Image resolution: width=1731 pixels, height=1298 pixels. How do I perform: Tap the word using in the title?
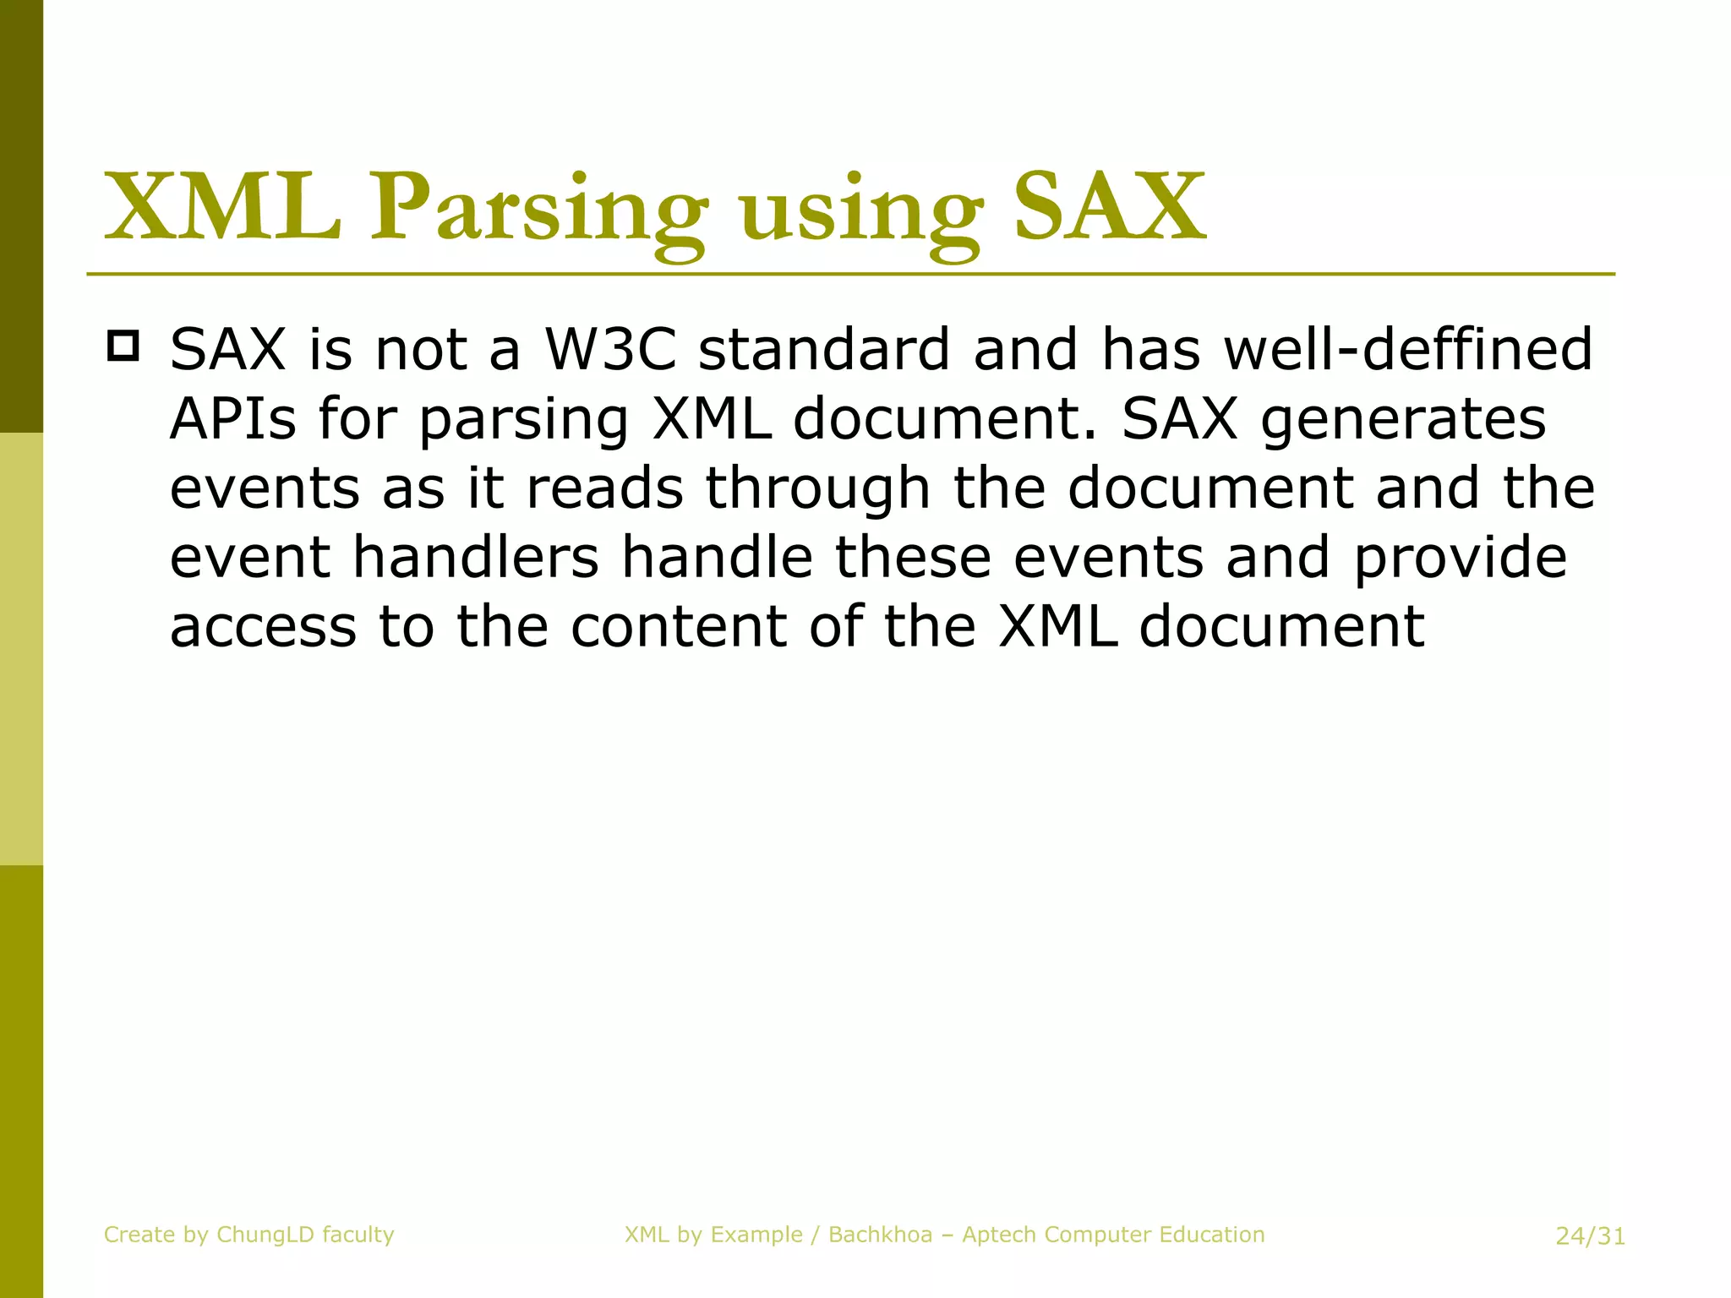[860, 211]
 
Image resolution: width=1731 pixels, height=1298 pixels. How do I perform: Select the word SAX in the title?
[1109, 207]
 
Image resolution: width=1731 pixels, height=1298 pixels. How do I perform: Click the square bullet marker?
[123, 346]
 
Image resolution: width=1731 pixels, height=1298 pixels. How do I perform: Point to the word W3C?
[610, 349]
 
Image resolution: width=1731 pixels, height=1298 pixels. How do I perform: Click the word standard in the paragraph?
[824, 349]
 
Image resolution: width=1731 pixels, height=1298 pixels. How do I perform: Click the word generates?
[1403, 420]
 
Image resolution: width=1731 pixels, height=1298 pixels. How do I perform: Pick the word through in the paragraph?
[817, 489]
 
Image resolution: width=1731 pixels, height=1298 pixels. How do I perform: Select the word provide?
[1461, 559]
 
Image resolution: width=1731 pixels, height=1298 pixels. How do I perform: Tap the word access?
[263, 628]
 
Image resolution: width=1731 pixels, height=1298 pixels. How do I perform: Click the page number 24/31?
[1590, 1236]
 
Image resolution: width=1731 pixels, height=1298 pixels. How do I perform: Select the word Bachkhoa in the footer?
[880, 1235]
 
